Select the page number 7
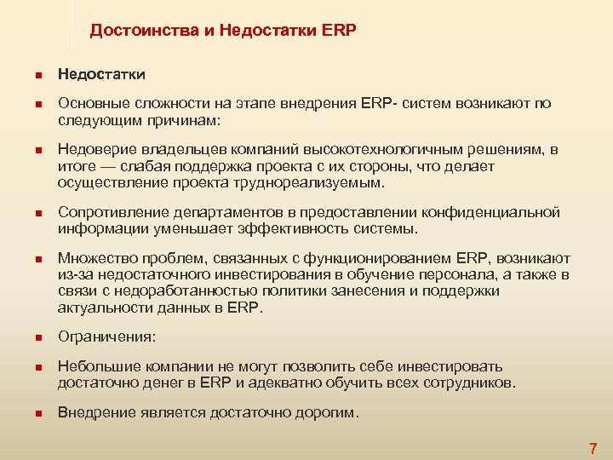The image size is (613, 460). (x=593, y=447)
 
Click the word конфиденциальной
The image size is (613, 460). (x=491, y=212)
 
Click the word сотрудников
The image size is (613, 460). (x=467, y=382)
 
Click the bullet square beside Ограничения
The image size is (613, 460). (x=38, y=337)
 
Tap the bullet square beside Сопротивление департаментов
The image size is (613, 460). (x=38, y=212)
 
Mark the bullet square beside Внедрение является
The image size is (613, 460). (x=38, y=413)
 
